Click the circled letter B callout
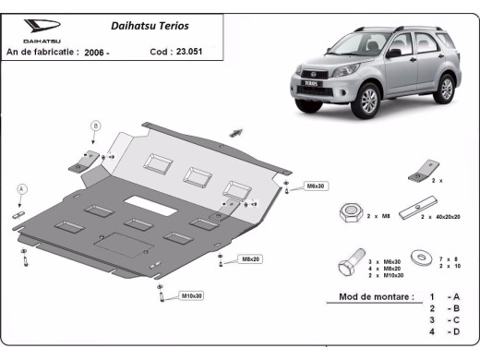coord(94,124)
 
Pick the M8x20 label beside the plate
coord(250,259)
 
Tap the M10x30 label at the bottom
coord(192,295)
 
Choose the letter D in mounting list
coord(453,330)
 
